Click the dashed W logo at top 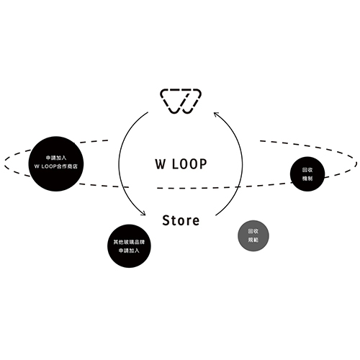click(x=181, y=101)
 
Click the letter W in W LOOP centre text click(x=161, y=164)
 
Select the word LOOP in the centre click(x=189, y=164)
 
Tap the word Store click(x=181, y=220)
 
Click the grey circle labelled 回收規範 click(x=253, y=235)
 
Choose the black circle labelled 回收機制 click(x=307, y=174)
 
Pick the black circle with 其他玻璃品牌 click(x=129, y=246)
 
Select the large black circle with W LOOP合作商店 click(x=56, y=164)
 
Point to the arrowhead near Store click(x=143, y=213)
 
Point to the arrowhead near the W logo click(x=216, y=114)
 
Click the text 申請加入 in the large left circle click(x=56, y=158)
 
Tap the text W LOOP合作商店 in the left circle click(x=56, y=166)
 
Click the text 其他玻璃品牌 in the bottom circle click(x=129, y=242)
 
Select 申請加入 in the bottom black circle click(x=129, y=251)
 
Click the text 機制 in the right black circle click(x=307, y=179)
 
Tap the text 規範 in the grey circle click(x=253, y=240)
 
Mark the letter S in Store click(x=166, y=220)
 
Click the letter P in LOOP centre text click(x=203, y=164)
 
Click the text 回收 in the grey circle click(x=253, y=231)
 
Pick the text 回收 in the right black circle click(x=307, y=170)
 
